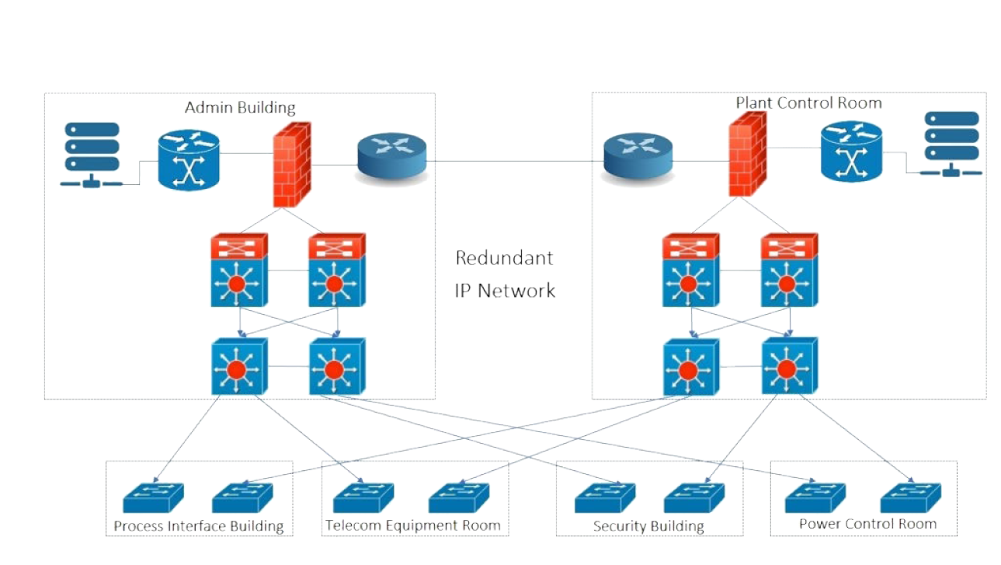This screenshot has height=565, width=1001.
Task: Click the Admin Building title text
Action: click(240, 107)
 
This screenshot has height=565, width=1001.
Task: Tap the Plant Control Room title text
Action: click(808, 103)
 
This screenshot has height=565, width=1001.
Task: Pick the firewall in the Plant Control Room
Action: click(746, 155)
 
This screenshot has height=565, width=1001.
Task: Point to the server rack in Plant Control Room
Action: click(951, 143)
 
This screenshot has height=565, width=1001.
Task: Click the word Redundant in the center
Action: click(504, 258)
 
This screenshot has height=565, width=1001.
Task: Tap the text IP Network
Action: click(505, 291)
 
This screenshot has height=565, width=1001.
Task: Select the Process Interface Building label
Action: click(199, 526)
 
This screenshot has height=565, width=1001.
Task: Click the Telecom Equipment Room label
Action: click(413, 525)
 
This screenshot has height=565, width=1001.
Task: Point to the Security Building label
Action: click(648, 526)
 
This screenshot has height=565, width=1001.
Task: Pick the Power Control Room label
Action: click(867, 524)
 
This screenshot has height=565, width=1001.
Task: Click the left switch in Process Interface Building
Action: click(153, 497)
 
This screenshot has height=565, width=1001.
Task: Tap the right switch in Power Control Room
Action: click(910, 497)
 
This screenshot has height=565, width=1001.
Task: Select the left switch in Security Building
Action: click(604, 497)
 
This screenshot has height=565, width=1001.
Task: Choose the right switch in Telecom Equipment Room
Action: click(457, 497)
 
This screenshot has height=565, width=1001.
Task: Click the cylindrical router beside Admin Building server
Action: click(189, 160)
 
